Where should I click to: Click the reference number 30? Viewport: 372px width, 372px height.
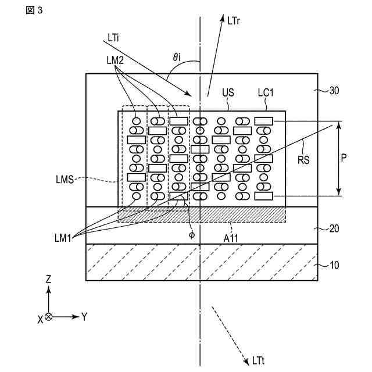[334, 91]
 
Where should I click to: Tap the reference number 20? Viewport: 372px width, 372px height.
[334, 228]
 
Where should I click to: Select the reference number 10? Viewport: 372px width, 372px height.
[334, 266]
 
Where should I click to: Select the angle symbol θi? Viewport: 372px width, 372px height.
[178, 57]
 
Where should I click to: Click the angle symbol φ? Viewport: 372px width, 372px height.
[192, 234]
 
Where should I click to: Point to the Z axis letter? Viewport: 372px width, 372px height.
[48, 280]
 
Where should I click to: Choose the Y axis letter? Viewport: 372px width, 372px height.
[84, 317]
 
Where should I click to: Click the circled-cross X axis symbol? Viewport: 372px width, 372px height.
[48, 317]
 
